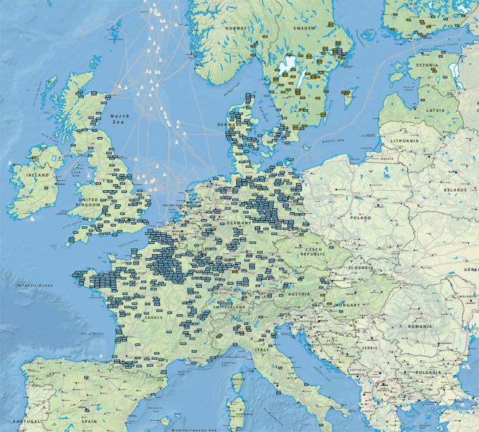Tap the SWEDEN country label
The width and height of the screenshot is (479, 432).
(303, 29)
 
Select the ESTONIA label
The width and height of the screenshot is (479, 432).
(427, 65)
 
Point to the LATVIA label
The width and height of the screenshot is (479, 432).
(436, 110)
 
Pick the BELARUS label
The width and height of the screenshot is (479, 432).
(456, 190)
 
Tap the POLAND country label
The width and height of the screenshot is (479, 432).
(360, 218)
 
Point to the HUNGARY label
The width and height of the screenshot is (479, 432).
(351, 305)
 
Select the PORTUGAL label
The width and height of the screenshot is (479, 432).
(27, 422)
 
